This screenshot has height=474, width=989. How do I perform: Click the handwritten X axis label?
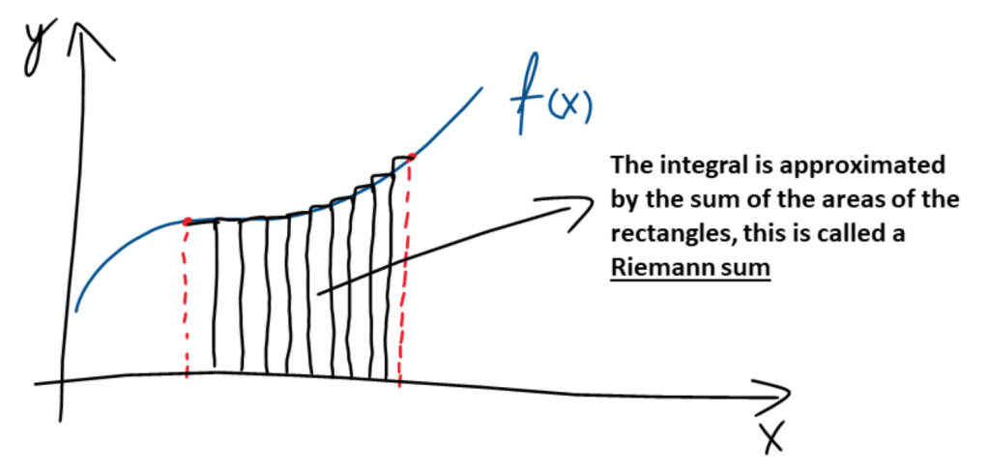click(x=771, y=439)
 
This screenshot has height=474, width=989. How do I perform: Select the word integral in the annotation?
click(x=692, y=165)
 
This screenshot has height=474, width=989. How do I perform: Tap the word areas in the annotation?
click(x=844, y=200)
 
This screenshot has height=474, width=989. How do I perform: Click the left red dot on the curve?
click(x=186, y=222)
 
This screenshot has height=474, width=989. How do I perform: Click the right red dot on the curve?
click(x=412, y=157)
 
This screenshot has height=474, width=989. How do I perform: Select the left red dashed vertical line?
click(x=184, y=300)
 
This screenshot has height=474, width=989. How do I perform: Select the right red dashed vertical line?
click(x=405, y=271)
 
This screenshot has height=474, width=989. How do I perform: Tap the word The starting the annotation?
click(x=630, y=165)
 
